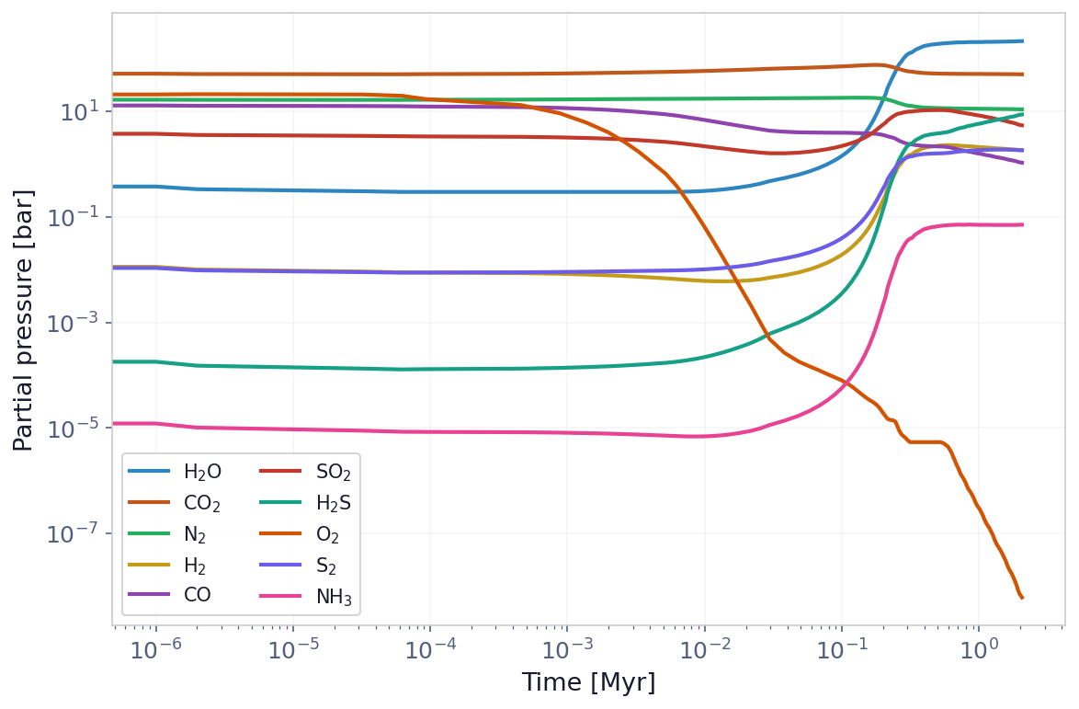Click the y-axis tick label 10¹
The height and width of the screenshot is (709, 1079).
(x=79, y=112)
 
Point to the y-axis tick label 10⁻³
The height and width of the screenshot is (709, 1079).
(x=74, y=323)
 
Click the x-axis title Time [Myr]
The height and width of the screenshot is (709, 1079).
(x=588, y=683)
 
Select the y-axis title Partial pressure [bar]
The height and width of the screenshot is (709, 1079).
(x=24, y=320)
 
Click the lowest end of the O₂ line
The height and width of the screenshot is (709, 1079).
(x=1022, y=598)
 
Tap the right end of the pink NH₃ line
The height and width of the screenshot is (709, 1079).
(x=1022, y=224)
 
